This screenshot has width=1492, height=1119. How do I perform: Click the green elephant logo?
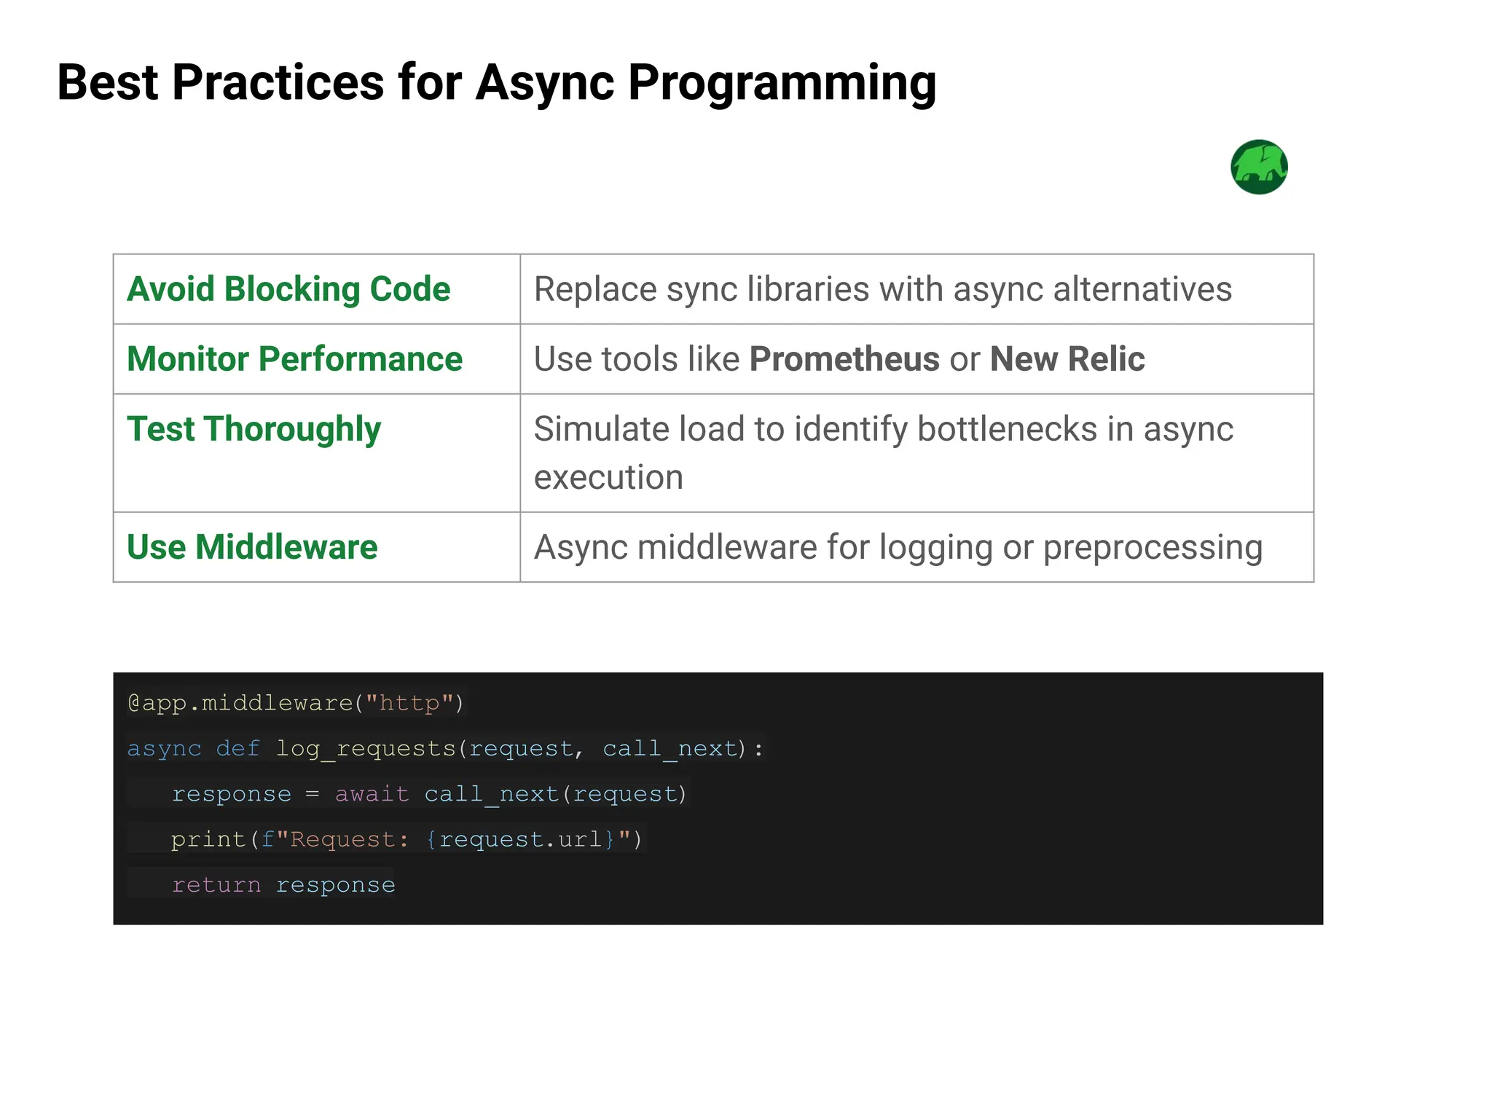(x=1259, y=167)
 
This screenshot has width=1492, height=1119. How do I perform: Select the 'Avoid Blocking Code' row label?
(x=288, y=289)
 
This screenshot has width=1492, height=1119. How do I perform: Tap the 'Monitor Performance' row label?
(x=294, y=359)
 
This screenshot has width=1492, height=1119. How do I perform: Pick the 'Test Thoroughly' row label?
(x=254, y=429)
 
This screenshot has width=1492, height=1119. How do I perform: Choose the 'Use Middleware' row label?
(x=252, y=547)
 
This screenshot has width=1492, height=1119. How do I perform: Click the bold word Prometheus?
(x=844, y=359)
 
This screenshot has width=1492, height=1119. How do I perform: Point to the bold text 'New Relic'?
(x=1067, y=359)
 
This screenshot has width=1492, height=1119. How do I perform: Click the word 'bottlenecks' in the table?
(x=1007, y=429)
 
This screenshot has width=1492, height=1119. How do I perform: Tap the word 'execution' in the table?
(x=608, y=478)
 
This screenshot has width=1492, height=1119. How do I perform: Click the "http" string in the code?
(x=409, y=703)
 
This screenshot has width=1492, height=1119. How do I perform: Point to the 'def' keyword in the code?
(x=237, y=748)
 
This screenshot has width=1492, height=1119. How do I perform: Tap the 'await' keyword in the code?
(x=372, y=793)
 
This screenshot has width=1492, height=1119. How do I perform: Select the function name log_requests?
(x=366, y=749)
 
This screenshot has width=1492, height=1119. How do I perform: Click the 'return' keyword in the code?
(x=216, y=884)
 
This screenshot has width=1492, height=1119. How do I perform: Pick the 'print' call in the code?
(x=208, y=839)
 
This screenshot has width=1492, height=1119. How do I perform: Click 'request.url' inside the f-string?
(x=520, y=839)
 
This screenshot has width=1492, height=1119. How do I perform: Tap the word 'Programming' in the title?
(x=782, y=83)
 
